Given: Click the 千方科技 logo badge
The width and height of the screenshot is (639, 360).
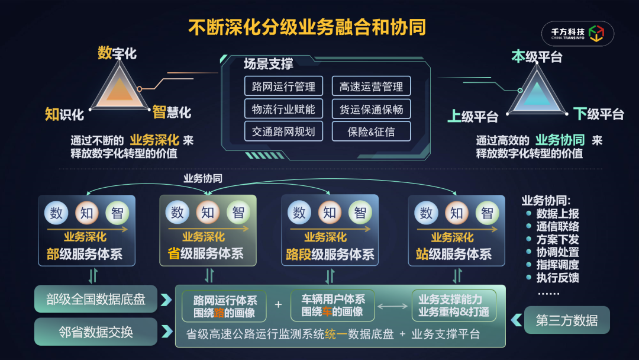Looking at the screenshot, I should (577, 34).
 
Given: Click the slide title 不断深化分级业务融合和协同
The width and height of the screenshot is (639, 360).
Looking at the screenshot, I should (307, 27).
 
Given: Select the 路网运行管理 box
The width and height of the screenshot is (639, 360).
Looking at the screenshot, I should (283, 86).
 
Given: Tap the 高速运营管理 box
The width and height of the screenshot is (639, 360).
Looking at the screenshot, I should (371, 86).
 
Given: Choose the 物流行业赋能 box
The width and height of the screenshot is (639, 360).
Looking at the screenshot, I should (283, 109).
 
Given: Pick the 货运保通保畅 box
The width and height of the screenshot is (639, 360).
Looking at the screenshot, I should (371, 109).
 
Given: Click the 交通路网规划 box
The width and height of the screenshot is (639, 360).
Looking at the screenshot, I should (283, 131).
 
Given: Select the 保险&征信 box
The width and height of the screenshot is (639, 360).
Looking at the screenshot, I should (371, 131).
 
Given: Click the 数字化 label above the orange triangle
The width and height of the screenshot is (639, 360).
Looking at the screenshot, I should (117, 53).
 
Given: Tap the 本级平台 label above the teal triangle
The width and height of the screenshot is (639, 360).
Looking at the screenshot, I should (537, 57).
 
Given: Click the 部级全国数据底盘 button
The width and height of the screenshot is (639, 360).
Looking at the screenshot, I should (96, 299).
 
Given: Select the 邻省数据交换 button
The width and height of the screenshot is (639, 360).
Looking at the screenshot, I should (96, 332).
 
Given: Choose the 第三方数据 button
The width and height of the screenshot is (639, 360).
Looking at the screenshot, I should (566, 320).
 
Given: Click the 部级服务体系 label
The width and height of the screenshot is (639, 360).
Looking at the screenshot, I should (85, 255).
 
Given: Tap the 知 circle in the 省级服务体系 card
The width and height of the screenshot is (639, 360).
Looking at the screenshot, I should (208, 213).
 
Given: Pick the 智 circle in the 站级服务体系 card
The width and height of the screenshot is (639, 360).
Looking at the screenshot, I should (487, 213).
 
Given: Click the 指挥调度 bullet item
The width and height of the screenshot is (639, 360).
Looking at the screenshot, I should (557, 265).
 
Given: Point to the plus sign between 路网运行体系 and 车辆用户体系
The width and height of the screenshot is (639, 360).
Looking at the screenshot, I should (279, 305).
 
